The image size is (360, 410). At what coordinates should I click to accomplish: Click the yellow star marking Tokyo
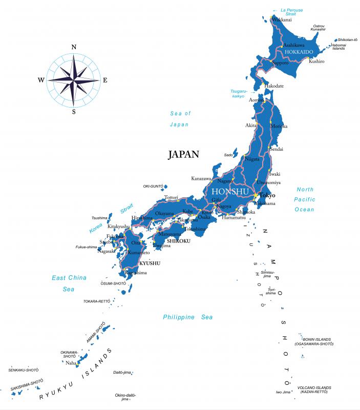pos(256,195)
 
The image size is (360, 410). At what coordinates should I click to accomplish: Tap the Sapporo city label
pos(280,63)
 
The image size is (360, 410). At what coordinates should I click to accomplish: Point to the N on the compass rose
pos(74,47)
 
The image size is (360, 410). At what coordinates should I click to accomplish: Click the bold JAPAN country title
pos(183,154)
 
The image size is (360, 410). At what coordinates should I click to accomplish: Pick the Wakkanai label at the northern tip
pos(282,19)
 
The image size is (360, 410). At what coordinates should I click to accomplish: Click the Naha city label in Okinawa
pos(71,363)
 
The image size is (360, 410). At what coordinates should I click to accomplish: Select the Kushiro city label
pos(316,61)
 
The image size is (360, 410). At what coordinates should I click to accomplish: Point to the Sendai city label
pos(276,149)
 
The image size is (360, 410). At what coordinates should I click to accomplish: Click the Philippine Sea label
pos(187,317)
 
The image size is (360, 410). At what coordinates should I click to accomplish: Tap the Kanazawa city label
pos(201,178)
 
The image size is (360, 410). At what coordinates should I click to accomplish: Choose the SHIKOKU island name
pos(179,241)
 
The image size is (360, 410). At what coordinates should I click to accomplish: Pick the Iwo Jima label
pos(283,392)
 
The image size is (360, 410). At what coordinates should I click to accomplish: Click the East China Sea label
pos(69,283)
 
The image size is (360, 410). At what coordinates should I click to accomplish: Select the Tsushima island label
pos(99,218)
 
